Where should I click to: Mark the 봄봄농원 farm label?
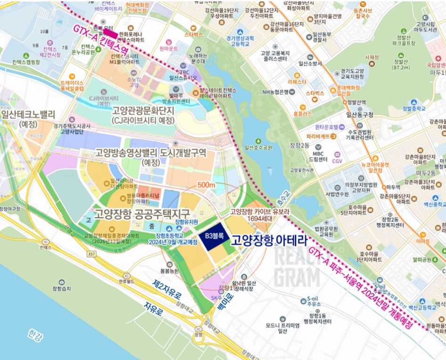coord(170,272)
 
